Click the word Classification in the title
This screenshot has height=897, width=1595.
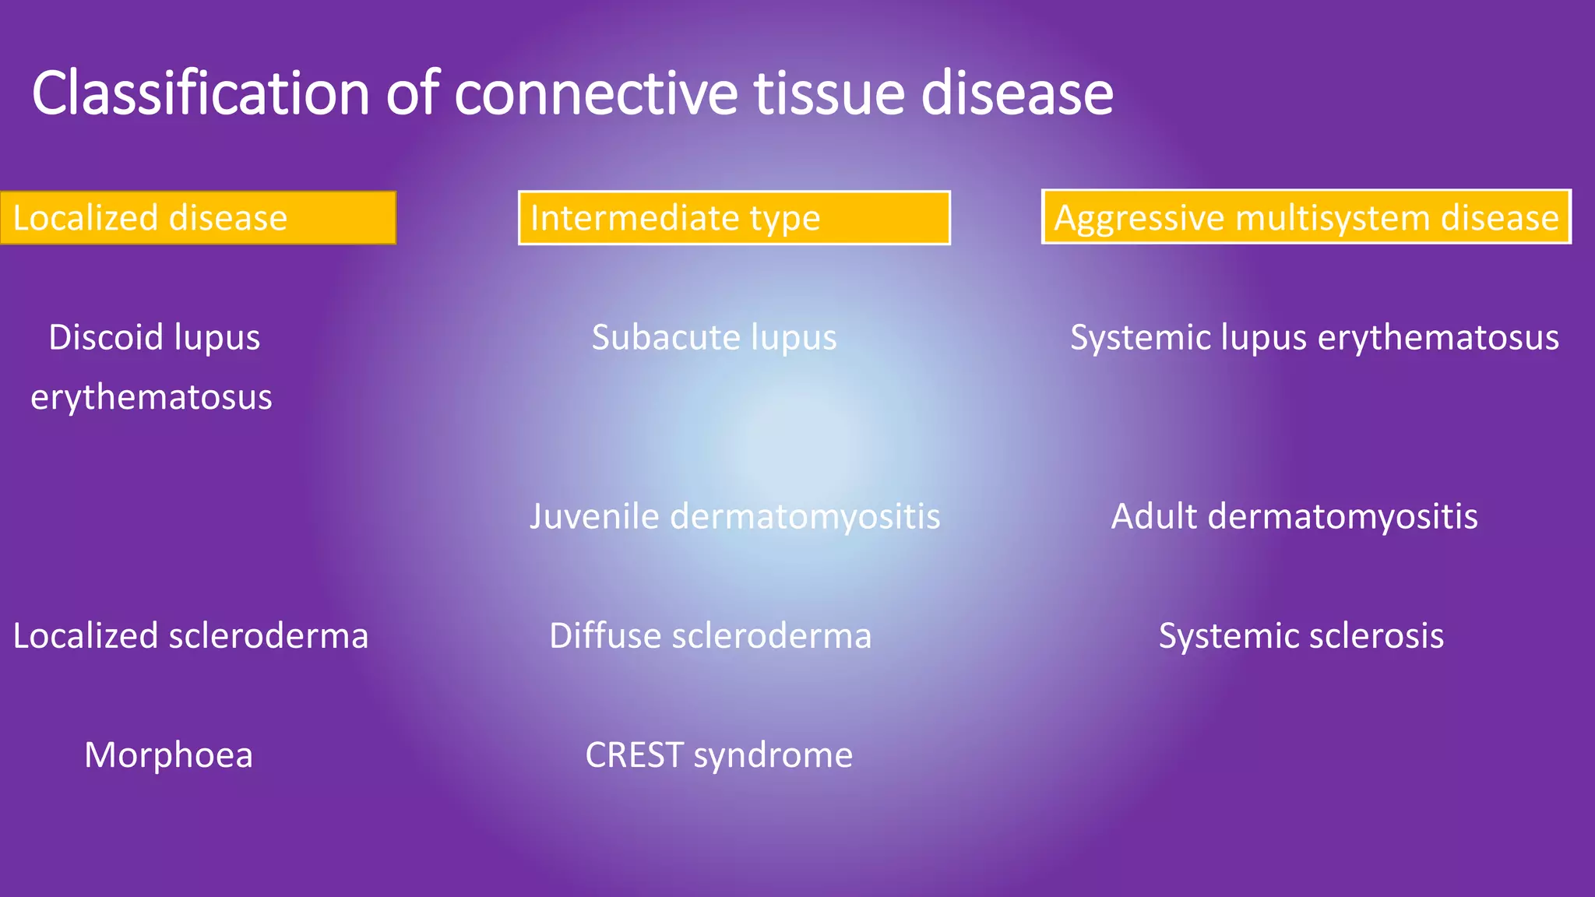[x=200, y=93]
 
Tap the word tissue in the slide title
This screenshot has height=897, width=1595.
[x=829, y=93]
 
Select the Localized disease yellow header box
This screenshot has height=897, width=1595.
[x=198, y=218]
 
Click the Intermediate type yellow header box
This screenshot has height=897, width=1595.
[x=734, y=218]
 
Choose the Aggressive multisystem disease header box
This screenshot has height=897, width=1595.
[x=1306, y=217]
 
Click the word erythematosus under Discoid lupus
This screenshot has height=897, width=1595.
[x=151, y=398]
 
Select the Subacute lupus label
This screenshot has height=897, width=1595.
[x=713, y=338]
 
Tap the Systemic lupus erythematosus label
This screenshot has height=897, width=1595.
[x=1314, y=338]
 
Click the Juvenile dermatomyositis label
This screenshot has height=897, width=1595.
[x=734, y=517]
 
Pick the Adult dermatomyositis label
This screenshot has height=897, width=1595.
[x=1294, y=517]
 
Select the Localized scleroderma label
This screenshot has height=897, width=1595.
[x=190, y=636]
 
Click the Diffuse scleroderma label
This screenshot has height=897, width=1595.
[x=709, y=636]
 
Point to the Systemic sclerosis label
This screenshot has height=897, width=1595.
[x=1301, y=636]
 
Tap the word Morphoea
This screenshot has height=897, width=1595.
[x=168, y=755]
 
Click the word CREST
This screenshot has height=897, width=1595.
[x=634, y=755]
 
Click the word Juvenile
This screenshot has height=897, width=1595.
[x=593, y=517]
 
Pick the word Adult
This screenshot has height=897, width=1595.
[x=1153, y=517]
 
